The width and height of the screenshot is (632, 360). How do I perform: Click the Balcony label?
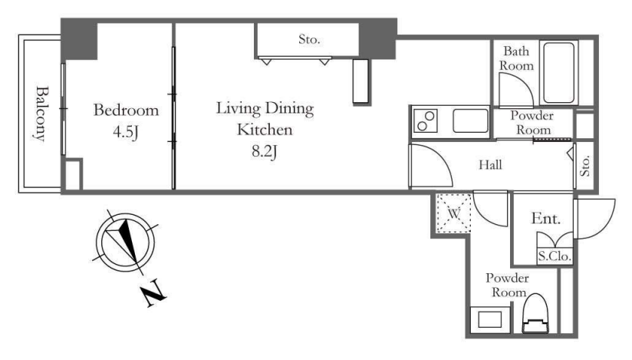pyautogui.click(x=41, y=114)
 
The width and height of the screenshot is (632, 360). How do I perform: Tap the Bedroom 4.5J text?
pyautogui.click(x=126, y=121)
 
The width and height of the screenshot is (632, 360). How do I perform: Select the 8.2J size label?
pyautogui.click(x=265, y=152)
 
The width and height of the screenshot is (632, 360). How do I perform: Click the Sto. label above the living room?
pyautogui.click(x=309, y=39)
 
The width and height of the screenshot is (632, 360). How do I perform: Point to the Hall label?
pyautogui.click(x=491, y=165)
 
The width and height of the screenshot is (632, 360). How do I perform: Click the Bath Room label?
pyautogui.click(x=516, y=58)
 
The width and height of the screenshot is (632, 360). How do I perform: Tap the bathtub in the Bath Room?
pyautogui.click(x=558, y=73)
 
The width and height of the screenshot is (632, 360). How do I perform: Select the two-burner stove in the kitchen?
pyautogui.click(x=425, y=121)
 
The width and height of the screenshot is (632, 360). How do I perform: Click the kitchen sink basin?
pyautogui.click(x=470, y=121)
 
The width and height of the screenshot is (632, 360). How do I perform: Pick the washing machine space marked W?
pyautogui.click(x=454, y=213)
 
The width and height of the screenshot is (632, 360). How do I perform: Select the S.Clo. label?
pyautogui.click(x=555, y=256)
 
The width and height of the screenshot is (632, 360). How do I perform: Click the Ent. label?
pyautogui.click(x=546, y=218)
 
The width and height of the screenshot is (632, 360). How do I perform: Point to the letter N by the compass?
pyautogui.click(x=153, y=296)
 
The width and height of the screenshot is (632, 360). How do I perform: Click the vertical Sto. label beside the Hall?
pyautogui.click(x=585, y=166)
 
